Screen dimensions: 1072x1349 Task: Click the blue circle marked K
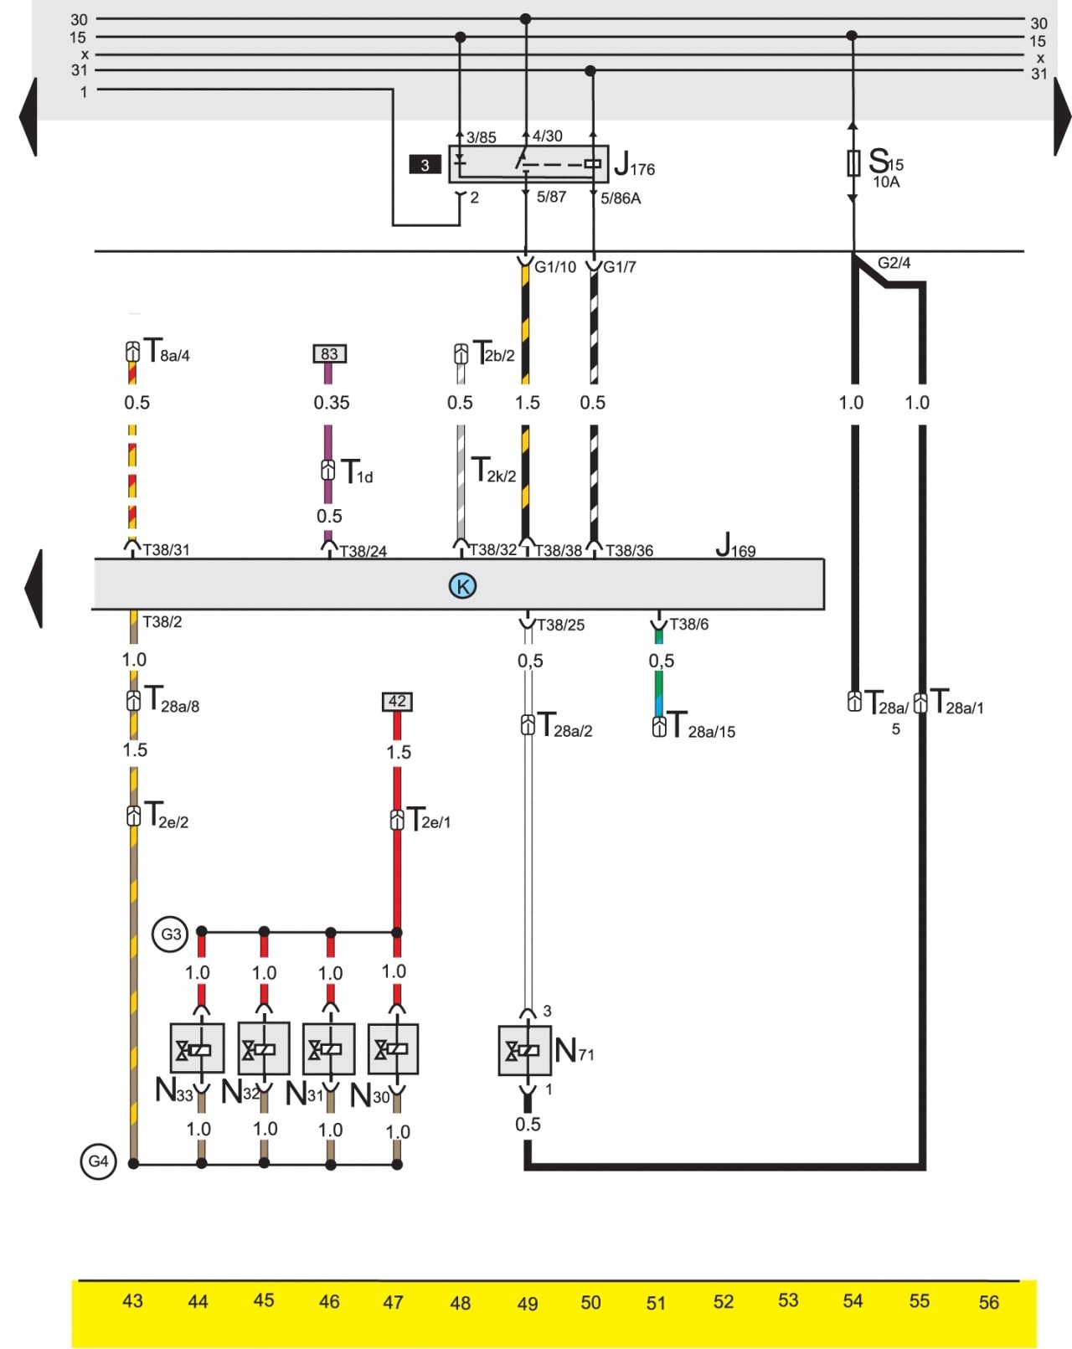[x=462, y=585]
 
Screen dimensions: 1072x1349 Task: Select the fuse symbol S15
[x=853, y=163]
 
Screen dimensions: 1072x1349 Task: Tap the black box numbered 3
[x=425, y=165]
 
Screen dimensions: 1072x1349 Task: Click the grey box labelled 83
[x=329, y=353]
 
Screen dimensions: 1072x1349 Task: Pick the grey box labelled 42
[x=397, y=701]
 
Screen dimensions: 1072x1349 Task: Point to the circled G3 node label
[x=171, y=934]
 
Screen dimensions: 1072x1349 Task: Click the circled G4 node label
[x=99, y=1161]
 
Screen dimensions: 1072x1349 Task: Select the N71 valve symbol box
[x=525, y=1050]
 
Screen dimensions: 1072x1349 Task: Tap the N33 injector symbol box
[x=197, y=1048]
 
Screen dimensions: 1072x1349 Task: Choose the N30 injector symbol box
[x=393, y=1048]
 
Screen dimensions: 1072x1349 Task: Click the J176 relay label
[x=634, y=164]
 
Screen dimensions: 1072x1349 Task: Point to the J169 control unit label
[x=735, y=545]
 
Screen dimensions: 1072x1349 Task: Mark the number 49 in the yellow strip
[x=528, y=1304]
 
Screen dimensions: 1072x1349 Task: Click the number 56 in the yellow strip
[x=988, y=1303]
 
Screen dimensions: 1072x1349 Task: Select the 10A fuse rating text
[x=886, y=182]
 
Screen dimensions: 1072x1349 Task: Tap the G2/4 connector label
[x=894, y=263]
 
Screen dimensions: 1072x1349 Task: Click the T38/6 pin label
[x=689, y=624]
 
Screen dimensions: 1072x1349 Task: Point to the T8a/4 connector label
[x=166, y=350]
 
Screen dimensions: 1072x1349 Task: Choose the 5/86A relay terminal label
[x=620, y=198]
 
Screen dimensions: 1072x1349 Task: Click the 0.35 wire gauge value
[x=331, y=403]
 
